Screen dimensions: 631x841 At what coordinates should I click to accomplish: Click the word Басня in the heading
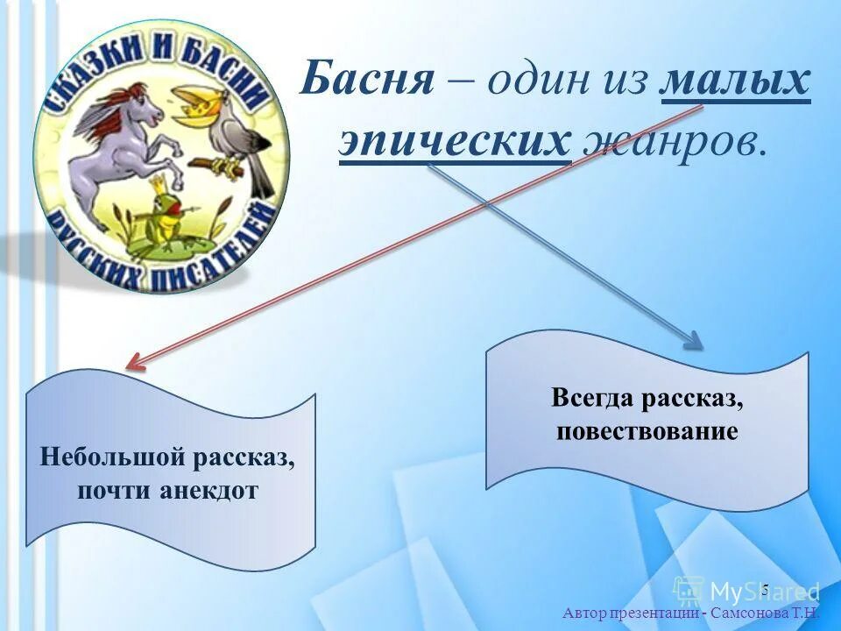coord(368,83)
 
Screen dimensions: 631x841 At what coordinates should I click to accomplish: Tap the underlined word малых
coord(735,83)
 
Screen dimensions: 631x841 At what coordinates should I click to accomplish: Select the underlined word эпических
coord(454,140)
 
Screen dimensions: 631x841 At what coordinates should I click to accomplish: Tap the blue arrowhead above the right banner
coord(692,341)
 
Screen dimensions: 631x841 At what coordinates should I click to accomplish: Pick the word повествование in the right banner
coord(647,431)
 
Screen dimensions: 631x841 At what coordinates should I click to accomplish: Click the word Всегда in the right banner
coord(593,399)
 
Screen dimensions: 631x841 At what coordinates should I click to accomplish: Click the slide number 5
coord(764,588)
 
